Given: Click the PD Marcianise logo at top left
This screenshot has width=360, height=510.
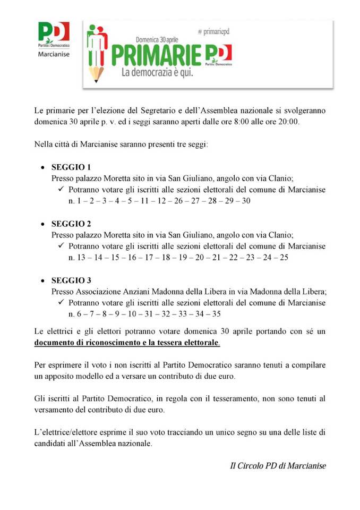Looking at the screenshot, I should coord(54,38).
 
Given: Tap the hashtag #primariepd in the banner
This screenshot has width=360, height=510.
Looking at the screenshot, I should coord(217,32).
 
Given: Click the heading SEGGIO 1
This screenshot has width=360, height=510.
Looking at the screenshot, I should coord(71,167).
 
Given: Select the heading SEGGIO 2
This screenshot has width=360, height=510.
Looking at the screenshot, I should coord(71,224).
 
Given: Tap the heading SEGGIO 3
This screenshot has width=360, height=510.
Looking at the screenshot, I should coord(71,280).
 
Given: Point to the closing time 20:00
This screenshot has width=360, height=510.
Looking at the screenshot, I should coord(289,122).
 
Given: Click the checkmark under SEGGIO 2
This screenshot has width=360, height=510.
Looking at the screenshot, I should coord(61,246).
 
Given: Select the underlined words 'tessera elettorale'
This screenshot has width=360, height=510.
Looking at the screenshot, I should coord(186,343).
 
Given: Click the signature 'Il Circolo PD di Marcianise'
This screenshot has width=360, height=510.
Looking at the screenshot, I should coord(277,466).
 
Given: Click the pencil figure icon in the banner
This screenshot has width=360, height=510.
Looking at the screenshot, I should coord(96,53).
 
